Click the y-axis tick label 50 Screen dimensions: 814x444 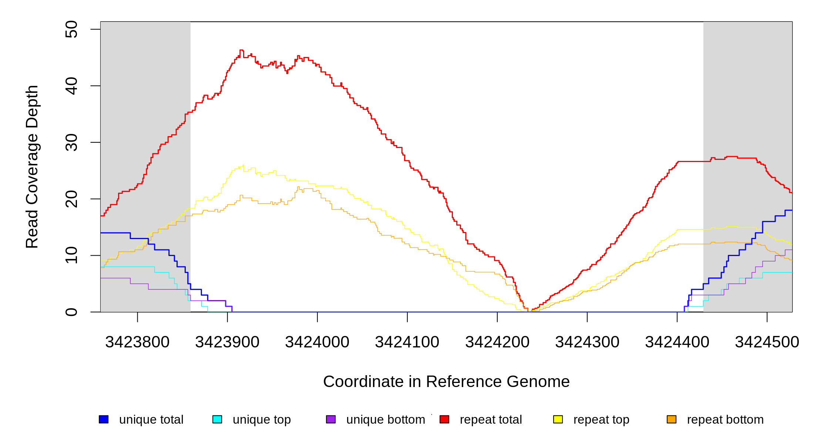tap(71, 29)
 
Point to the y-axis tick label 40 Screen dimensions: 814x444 tap(71, 86)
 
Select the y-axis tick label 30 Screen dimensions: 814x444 tap(71, 142)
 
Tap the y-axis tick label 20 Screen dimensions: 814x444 tap(71, 199)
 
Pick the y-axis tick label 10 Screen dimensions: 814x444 tap(71, 255)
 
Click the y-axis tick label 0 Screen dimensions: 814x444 tap(71, 312)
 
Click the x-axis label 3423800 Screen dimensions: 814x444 tap(137, 342)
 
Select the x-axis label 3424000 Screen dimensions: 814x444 tap(317, 342)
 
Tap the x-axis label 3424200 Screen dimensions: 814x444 tap(497, 342)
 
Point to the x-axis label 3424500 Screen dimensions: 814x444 tap(767, 342)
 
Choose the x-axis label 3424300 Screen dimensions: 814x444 tap(587, 342)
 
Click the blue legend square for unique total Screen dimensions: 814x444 tap(104, 419)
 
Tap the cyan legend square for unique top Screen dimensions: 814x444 tap(217, 419)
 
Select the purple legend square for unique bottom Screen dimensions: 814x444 tap(331, 419)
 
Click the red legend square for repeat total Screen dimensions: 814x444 tap(444, 419)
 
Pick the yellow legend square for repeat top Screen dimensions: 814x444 tap(558, 419)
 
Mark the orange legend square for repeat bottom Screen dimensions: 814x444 tap(672, 419)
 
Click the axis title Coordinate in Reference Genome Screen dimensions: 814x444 tap(446, 381)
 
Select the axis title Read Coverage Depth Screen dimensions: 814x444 tap(32, 167)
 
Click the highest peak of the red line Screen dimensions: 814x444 tap(242, 50)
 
